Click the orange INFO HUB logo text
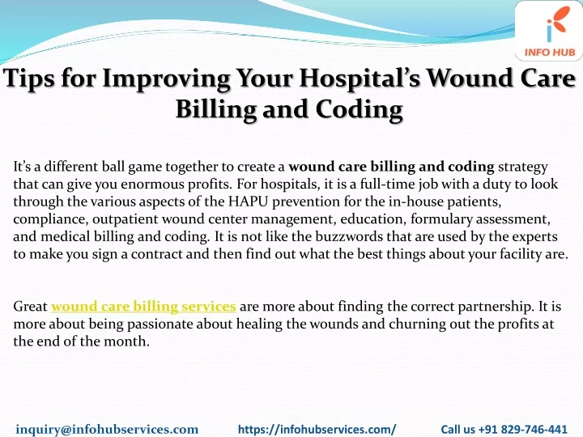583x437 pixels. point(550,52)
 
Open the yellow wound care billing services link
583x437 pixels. point(143,307)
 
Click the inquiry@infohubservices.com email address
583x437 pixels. point(107,429)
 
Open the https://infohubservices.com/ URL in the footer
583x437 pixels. point(317,429)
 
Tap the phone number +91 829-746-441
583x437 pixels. point(522,429)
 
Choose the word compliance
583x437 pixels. point(50,219)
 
